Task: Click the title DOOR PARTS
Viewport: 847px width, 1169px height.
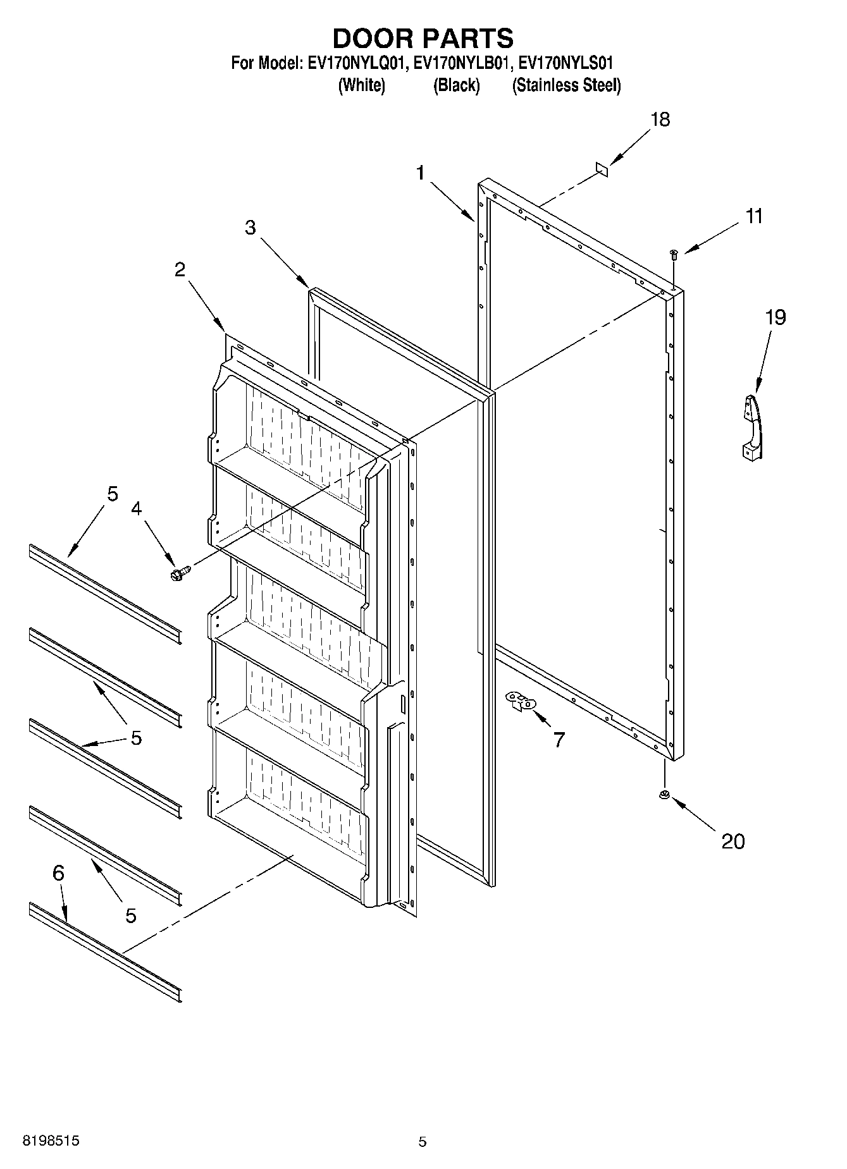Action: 423,39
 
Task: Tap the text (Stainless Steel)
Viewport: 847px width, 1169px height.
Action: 566,85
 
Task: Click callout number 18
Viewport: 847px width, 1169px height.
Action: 660,119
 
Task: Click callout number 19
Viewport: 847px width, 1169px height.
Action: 776,317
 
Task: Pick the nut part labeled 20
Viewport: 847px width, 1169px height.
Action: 665,795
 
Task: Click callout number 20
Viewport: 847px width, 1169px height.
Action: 733,841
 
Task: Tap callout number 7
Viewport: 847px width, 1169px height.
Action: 559,739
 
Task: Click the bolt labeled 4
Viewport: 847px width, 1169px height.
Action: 179,573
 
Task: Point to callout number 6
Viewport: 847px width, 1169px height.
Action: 58,873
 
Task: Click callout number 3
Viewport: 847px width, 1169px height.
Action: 250,228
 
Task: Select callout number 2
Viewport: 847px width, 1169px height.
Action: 180,270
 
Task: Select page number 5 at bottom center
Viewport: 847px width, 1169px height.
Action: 423,1141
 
